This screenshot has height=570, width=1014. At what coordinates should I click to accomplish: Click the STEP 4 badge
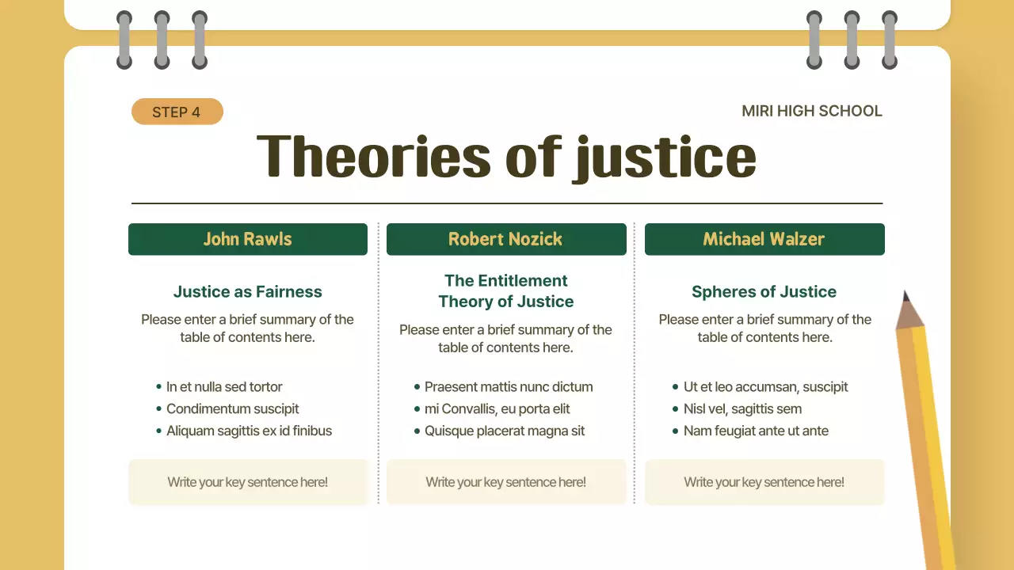[x=177, y=112]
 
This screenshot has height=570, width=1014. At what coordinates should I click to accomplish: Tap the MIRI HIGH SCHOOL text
[x=811, y=111]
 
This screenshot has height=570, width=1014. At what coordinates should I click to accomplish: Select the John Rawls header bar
[x=248, y=239]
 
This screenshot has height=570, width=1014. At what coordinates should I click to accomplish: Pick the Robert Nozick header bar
[x=506, y=239]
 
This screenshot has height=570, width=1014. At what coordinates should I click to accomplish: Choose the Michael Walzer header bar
[x=764, y=239]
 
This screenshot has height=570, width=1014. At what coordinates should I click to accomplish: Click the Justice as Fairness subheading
[x=248, y=291]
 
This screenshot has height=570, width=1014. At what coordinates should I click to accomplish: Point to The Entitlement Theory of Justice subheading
[x=506, y=291]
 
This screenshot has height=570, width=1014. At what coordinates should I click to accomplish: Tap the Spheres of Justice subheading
[x=764, y=291]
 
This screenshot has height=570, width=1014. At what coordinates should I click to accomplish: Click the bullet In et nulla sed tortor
[x=224, y=387]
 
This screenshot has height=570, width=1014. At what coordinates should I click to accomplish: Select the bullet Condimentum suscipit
[x=233, y=409]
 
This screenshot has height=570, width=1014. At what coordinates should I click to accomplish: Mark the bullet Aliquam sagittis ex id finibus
[x=249, y=431]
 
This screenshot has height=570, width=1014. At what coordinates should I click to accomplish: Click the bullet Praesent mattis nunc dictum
[x=509, y=387]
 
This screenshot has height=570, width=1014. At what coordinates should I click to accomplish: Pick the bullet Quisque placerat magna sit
[x=505, y=431]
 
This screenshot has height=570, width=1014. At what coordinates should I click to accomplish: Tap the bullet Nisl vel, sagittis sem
[x=742, y=409]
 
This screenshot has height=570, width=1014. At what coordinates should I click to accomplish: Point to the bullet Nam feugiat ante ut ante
[x=756, y=431]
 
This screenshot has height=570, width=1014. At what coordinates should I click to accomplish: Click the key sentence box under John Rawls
[x=248, y=482]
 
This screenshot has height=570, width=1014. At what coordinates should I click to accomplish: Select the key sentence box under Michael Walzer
[x=764, y=482]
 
